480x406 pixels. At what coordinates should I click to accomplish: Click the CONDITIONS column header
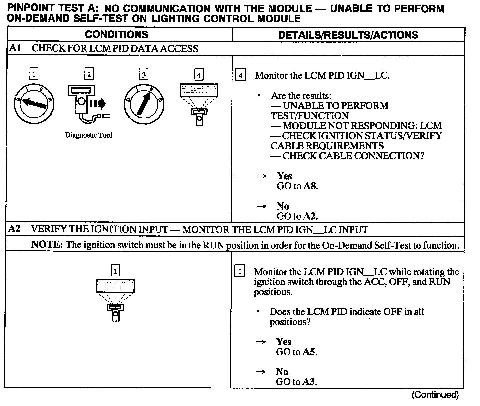116,34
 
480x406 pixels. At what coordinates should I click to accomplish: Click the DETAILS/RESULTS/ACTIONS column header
348,35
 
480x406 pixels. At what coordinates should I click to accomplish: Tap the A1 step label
15,48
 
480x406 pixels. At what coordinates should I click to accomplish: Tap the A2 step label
14,229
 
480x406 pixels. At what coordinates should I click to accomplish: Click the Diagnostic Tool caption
88,135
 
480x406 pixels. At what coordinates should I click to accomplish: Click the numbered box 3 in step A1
144,75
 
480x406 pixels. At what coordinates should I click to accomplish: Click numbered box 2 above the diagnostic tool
89,74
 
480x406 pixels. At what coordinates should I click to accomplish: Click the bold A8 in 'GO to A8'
310,186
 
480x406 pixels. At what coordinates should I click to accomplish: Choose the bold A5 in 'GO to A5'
309,352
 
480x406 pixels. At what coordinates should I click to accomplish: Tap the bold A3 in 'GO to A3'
309,382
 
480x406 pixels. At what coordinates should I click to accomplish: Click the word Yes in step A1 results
284,176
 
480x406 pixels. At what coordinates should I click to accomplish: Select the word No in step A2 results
282,372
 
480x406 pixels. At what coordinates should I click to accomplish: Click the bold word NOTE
47,245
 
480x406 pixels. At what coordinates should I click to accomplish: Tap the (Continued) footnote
435,395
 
